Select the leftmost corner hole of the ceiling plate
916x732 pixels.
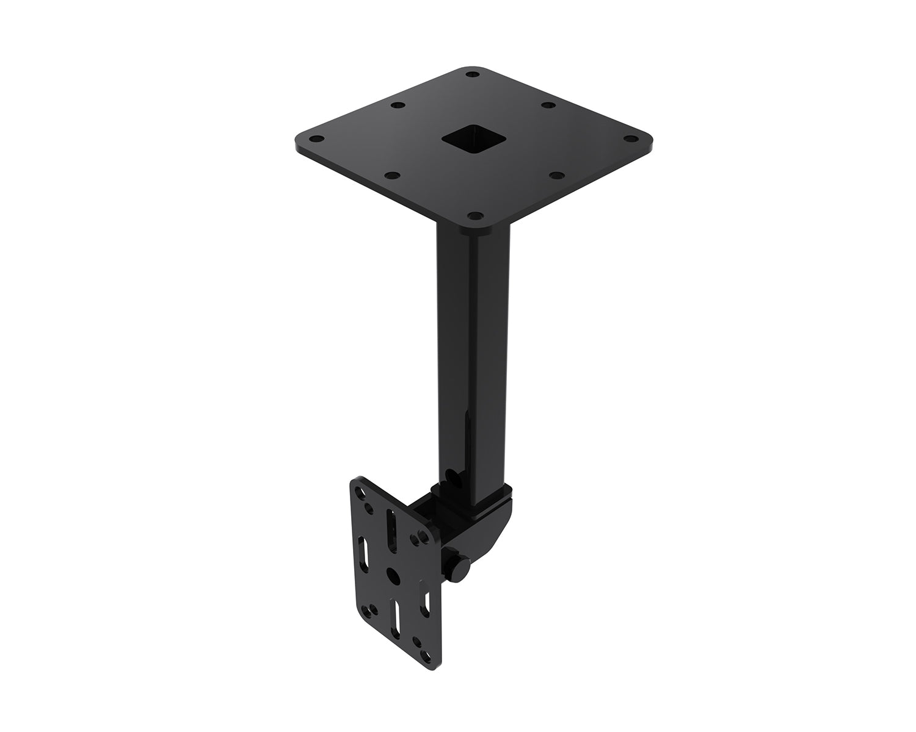[317, 137]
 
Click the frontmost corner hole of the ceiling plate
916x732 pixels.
[474, 215]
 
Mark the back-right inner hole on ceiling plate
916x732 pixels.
[548, 106]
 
